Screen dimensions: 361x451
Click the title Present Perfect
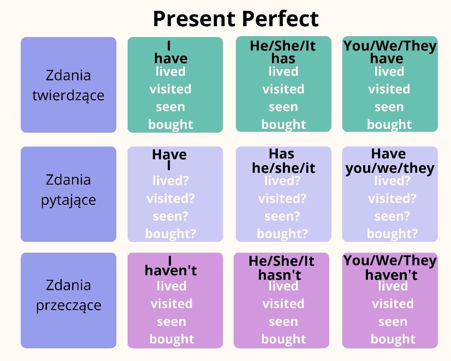pyautogui.click(x=235, y=19)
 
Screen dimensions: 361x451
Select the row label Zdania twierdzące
pyautogui.click(x=68, y=85)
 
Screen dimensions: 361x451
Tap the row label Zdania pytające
pyautogui.click(x=68, y=190)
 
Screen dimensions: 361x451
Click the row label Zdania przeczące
pyautogui.click(x=68, y=295)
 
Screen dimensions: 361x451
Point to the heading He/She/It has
pyautogui.click(x=283, y=52)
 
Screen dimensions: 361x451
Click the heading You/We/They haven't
pyautogui.click(x=390, y=267)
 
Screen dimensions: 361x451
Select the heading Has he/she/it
pyautogui.click(x=283, y=161)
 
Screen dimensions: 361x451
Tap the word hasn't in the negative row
pyautogui.click(x=280, y=274)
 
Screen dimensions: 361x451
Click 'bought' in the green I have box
pyautogui.click(x=170, y=125)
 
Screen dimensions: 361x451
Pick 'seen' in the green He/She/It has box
pyautogui.click(x=283, y=107)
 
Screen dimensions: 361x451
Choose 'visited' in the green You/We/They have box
pyautogui.click(x=389, y=89)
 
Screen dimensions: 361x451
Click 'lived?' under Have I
pyautogui.click(x=170, y=181)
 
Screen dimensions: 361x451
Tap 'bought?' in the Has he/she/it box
pyautogui.click(x=282, y=234)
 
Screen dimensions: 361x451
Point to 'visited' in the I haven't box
pyautogui.click(x=171, y=304)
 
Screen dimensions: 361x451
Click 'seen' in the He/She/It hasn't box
pyautogui.click(x=283, y=322)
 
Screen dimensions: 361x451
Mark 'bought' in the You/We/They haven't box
pyautogui.click(x=393, y=339)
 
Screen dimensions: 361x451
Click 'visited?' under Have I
pyautogui.click(x=170, y=199)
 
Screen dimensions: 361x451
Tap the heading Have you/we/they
pyautogui.click(x=390, y=161)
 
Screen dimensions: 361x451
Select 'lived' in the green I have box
pyautogui.click(x=170, y=72)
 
